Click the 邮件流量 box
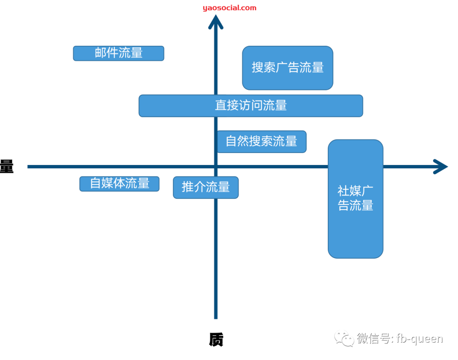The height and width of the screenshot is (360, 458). pos(118,53)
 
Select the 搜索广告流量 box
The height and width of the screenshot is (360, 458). pos(288,68)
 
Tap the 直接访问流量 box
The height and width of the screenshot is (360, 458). pos(251,106)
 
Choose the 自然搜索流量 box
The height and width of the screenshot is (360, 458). pos(261,142)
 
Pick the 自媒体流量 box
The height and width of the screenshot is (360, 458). pos(119,184)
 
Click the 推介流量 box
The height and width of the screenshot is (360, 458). pos(206,187)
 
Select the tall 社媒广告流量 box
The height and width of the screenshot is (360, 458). pos(355,199)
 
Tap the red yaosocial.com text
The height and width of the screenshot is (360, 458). pos(229,8)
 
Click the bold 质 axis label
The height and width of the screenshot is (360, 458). pos(216,340)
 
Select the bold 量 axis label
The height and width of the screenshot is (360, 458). pos(6,167)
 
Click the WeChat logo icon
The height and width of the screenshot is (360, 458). pos(344,338)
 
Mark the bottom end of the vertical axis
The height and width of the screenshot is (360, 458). pos(216,317)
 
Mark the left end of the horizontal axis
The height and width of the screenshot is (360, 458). pos(29,167)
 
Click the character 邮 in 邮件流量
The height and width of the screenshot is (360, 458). pos(101,53)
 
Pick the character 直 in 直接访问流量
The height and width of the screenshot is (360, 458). pos(221,106)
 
